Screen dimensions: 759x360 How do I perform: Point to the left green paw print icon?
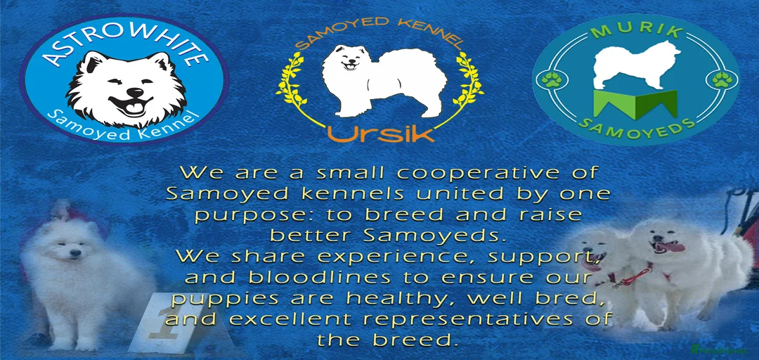coord(551,79)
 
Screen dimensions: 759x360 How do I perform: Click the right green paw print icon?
coord(722,79)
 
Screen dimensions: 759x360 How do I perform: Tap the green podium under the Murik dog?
coord(635,103)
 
